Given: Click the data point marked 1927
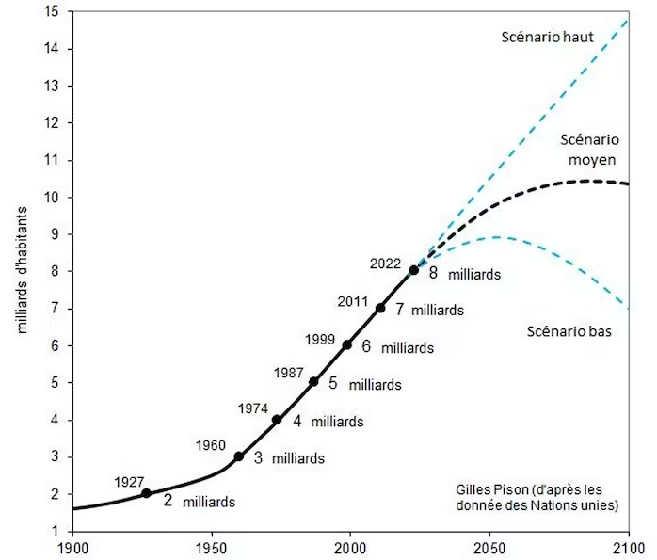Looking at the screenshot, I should [x=146, y=493].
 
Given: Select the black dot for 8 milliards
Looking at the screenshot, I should [x=414, y=270].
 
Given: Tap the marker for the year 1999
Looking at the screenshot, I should [x=347, y=344].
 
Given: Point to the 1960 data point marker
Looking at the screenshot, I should [x=239, y=456].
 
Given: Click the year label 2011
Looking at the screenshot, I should [x=353, y=301].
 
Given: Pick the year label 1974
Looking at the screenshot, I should [x=252, y=408].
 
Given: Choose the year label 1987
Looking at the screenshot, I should [x=288, y=373].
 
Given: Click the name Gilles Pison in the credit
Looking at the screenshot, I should [x=490, y=490].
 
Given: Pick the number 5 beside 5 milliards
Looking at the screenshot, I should [x=332, y=383].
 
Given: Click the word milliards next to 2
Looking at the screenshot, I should [x=208, y=502].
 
